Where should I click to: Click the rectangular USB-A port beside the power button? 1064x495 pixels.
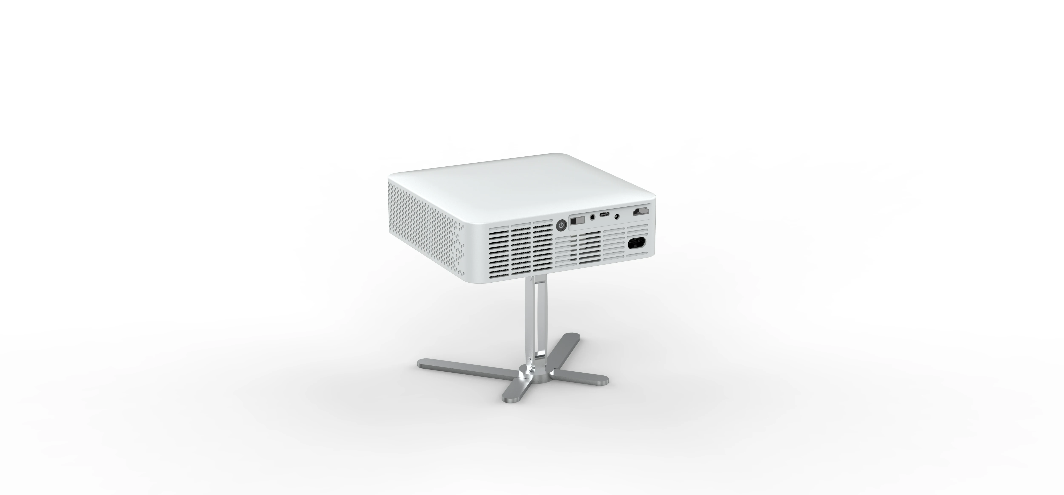tap(578, 221)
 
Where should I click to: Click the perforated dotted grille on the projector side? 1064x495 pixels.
tap(425, 231)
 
